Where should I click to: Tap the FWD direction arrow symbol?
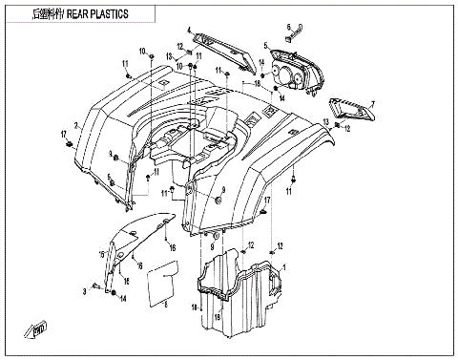(x=41, y=329)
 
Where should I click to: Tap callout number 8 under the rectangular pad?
(x=166, y=305)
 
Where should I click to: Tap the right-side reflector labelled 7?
(x=349, y=109)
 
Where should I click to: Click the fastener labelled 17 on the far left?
(x=71, y=143)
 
